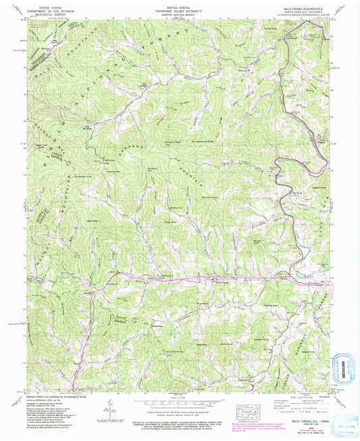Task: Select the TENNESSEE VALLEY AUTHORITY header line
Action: pos(180,9)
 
